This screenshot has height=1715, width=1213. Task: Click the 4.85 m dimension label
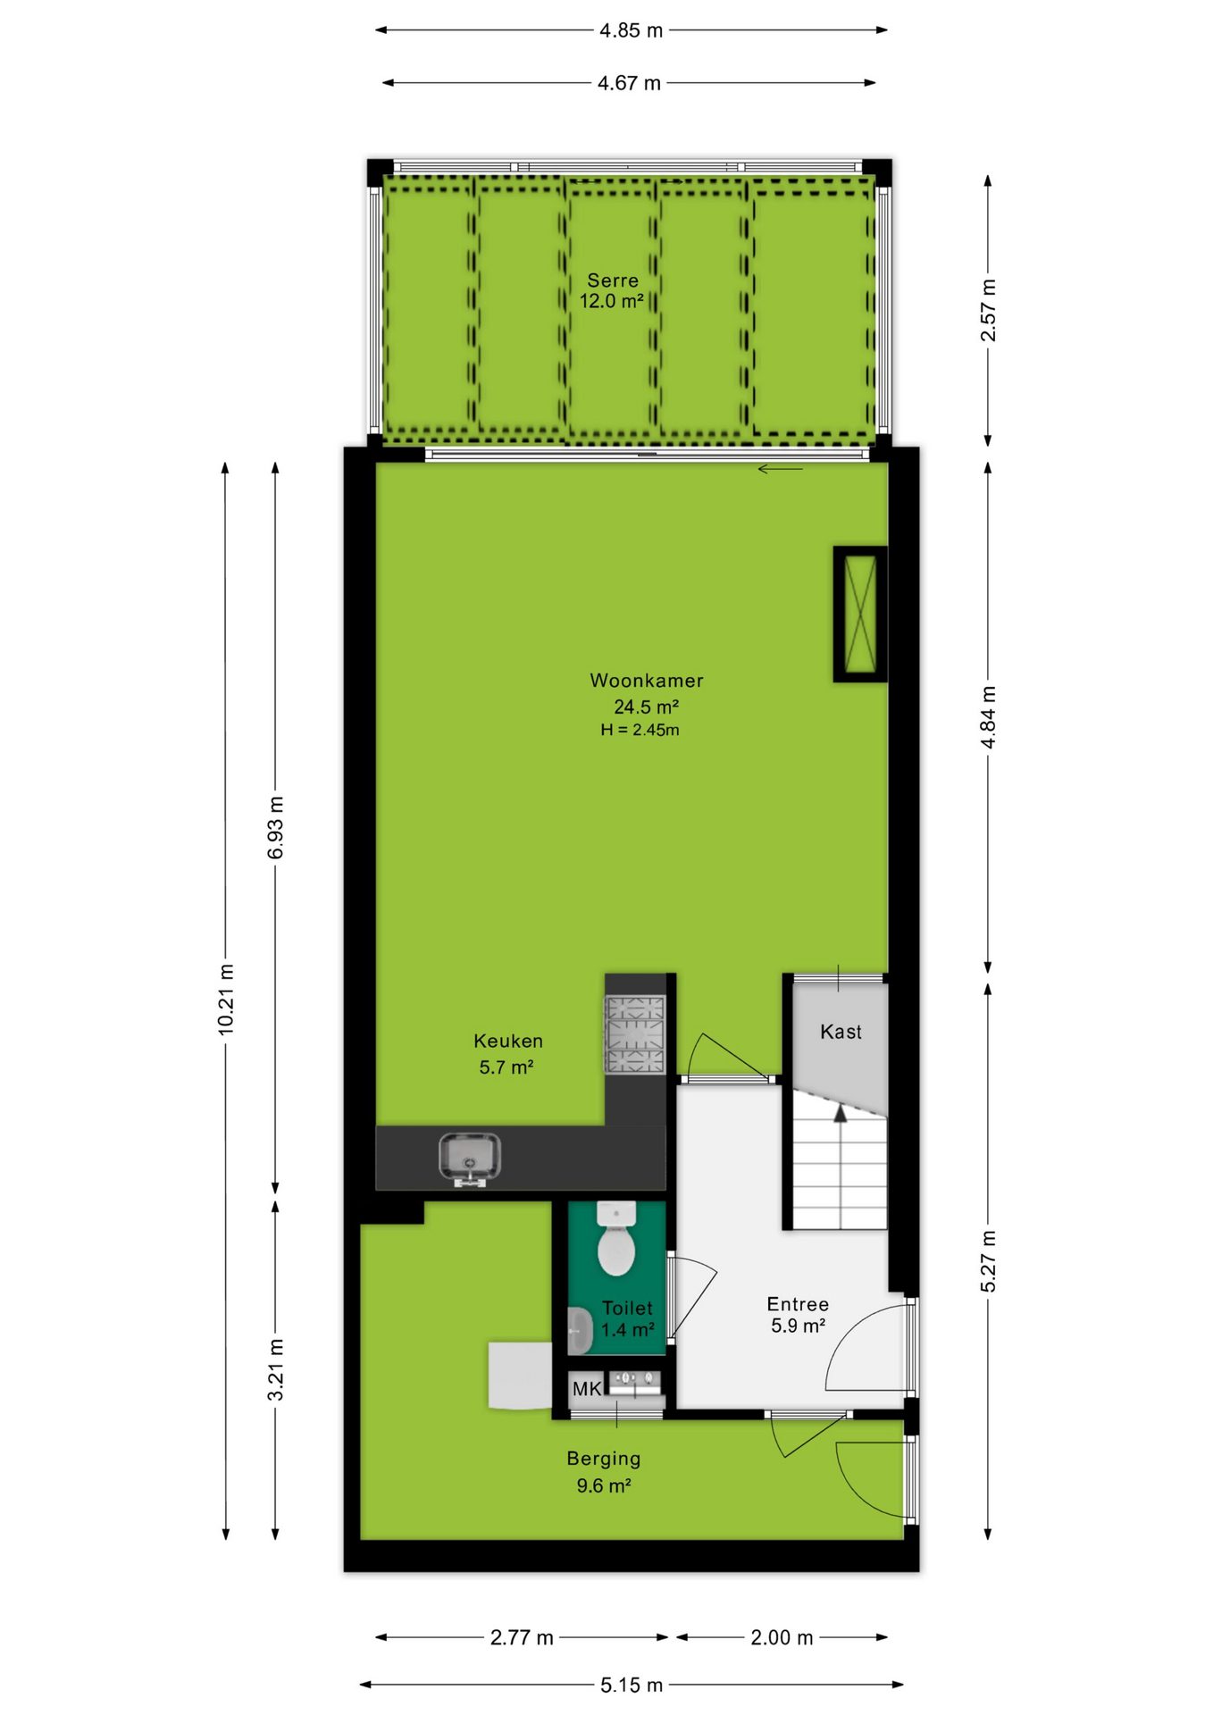coord(631,30)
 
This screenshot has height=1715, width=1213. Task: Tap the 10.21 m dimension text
coord(226,1000)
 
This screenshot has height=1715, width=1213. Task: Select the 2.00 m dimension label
coord(782,1637)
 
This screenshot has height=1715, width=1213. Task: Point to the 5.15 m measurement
coord(632,1685)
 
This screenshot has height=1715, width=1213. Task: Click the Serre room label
coord(613,280)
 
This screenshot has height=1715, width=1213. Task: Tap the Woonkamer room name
coord(647,681)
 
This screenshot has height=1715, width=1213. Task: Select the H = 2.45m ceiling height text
coord(640,730)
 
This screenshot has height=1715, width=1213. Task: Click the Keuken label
coord(508,1041)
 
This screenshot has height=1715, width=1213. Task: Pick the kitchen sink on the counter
coord(470,1159)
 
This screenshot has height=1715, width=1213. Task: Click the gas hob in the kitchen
coord(635,1034)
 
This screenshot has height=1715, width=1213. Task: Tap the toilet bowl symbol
coord(616,1239)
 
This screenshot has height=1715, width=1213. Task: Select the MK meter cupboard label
coord(587,1389)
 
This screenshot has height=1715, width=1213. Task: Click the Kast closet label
coord(841,1032)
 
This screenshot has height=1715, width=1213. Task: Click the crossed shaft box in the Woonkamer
coord(860,614)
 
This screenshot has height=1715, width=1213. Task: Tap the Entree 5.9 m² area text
coord(798,1315)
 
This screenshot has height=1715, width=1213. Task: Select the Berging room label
coord(604,1459)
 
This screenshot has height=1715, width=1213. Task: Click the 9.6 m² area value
coord(604,1485)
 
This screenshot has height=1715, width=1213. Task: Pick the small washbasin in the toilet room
coord(580,1331)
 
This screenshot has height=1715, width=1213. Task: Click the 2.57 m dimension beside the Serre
coord(988,310)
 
